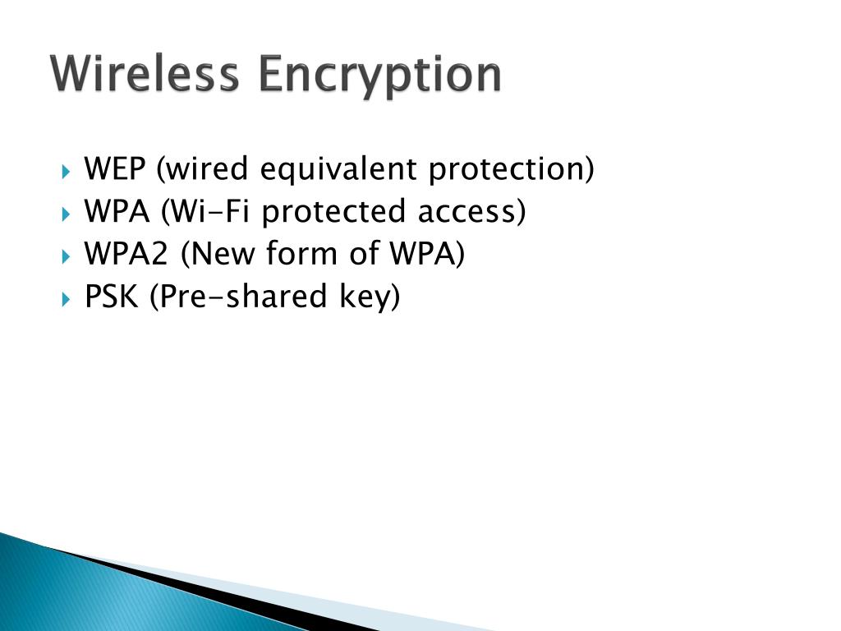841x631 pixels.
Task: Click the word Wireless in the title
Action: pyautogui.click(x=145, y=75)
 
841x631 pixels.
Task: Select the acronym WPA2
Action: pyautogui.click(x=127, y=255)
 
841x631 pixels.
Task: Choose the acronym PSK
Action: pyautogui.click(x=112, y=297)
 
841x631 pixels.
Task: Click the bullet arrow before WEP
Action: pyautogui.click(x=67, y=172)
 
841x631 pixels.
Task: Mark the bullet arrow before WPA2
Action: pyautogui.click(x=67, y=256)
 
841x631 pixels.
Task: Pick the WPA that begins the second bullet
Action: pyautogui.click(x=117, y=212)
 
